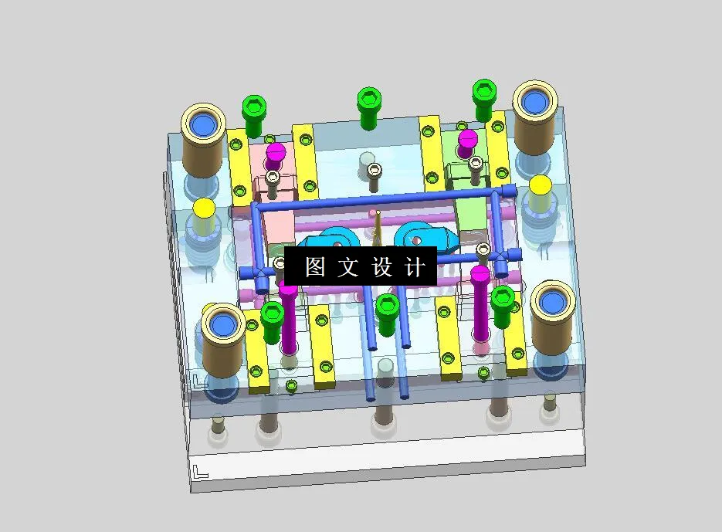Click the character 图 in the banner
click(315, 267)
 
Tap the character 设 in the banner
click(382, 267)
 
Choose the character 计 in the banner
click(415, 267)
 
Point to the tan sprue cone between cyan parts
click(377, 228)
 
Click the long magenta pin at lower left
click(288, 317)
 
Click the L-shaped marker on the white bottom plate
click(200, 472)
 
